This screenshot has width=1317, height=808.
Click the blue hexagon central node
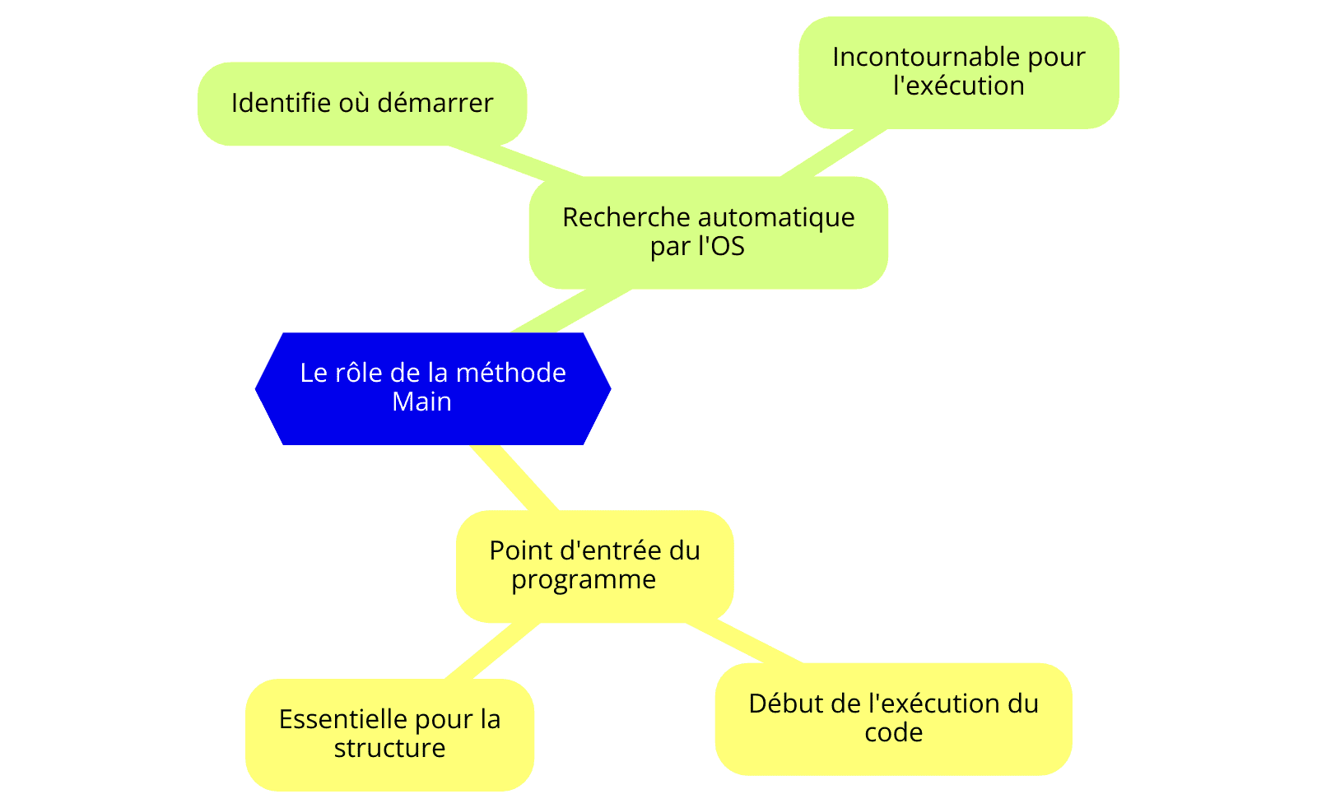click(x=433, y=388)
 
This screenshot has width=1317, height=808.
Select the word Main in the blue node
click(x=421, y=402)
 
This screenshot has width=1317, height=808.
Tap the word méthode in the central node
click(x=510, y=374)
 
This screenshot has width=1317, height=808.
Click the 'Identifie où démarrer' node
click(x=362, y=104)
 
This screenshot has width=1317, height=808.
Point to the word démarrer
click(x=435, y=103)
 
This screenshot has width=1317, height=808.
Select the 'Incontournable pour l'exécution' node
click(x=959, y=72)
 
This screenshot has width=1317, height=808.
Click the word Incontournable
click(x=925, y=57)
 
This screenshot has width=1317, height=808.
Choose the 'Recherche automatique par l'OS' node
click(x=709, y=232)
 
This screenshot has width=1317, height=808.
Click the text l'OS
click(x=721, y=246)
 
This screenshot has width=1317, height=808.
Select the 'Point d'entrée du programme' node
click(x=595, y=566)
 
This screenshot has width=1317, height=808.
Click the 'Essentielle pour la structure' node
click(x=389, y=735)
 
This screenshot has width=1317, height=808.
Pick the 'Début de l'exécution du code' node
click(x=894, y=718)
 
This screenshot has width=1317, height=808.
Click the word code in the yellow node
click(x=894, y=733)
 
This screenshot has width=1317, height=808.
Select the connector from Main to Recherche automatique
click(x=571, y=311)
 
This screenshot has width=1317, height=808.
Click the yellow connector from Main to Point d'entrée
click(x=514, y=478)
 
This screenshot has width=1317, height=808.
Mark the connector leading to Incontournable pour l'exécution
click(x=834, y=153)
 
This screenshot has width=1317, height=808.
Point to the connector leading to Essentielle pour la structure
click(x=492, y=651)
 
